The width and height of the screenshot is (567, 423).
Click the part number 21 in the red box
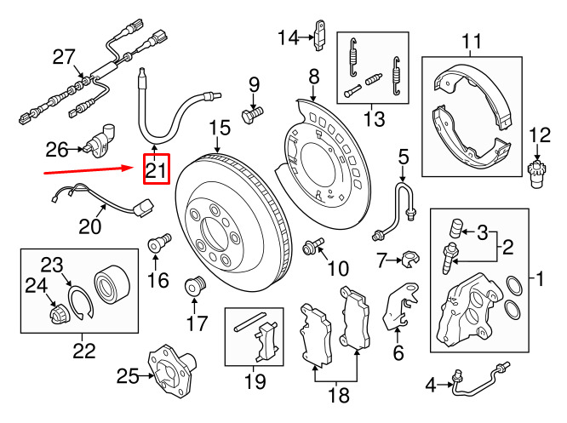(156, 171)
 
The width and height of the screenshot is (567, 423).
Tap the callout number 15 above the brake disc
(220, 129)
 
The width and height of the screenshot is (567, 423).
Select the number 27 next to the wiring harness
(64, 57)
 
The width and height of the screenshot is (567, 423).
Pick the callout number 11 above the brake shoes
(471, 39)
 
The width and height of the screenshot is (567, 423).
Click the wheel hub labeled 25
(169, 366)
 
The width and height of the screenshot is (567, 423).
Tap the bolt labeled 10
(312, 247)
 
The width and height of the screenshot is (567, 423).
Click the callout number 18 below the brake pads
(339, 395)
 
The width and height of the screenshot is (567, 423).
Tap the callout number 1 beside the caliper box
(538, 277)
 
